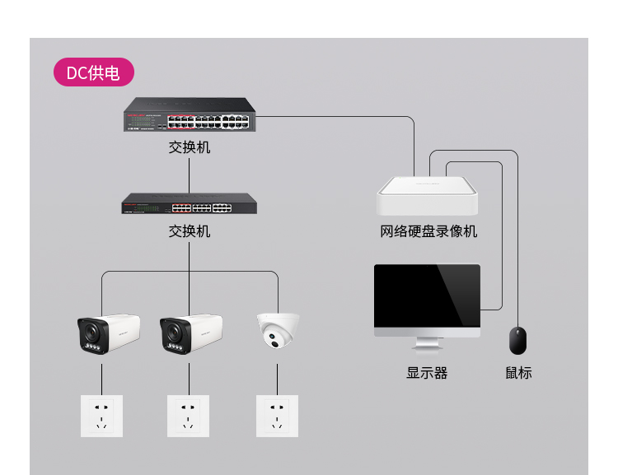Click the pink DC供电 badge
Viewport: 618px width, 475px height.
click(x=93, y=72)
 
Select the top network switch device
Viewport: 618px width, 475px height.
click(x=189, y=115)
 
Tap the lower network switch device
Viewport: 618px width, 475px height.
click(x=189, y=203)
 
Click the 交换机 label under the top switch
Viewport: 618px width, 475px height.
click(x=189, y=148)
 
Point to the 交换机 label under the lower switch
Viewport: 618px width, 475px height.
click(x=189, y=231)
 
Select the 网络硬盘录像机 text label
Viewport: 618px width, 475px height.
click(x=428, y=231)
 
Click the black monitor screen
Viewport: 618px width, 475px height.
click(x=427, y=296)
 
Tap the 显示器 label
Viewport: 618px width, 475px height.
click(x=427, y=373)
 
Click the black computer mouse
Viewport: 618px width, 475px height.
click(x=517, y=341)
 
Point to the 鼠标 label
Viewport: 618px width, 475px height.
click(x=518, y=373)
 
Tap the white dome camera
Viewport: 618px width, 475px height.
click(x=278, y=329)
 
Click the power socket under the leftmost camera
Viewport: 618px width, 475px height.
click(x=101, y=416)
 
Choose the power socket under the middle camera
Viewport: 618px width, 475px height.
click(x=189, y=416)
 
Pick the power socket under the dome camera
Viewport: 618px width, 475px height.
click(x=277, y=416)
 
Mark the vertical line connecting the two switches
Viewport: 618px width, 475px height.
click(x=189, y=175)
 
